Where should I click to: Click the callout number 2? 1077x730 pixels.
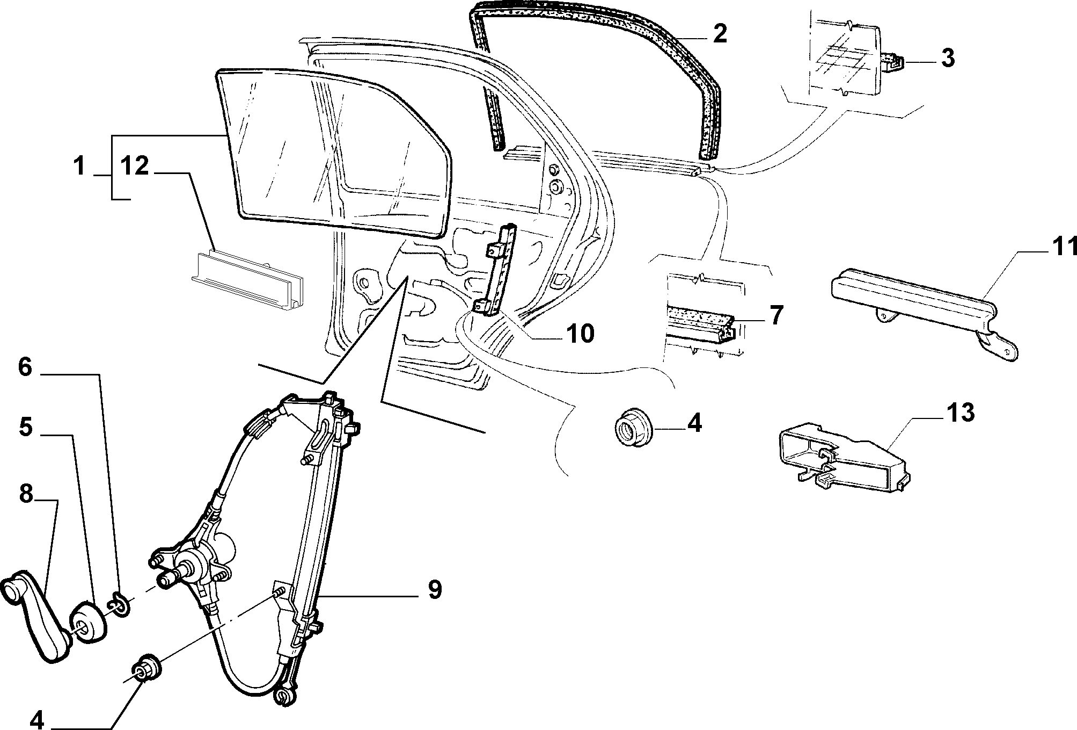pos(720,34)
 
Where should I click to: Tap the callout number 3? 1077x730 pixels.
pos(948,58)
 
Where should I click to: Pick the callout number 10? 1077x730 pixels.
pos(580,333)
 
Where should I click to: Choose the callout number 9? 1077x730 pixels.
pos(435,589)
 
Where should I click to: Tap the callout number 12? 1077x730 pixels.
pos(134,166)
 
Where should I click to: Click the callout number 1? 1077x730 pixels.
pos(79,166)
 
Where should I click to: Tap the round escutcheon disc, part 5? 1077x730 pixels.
pos(87,622)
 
